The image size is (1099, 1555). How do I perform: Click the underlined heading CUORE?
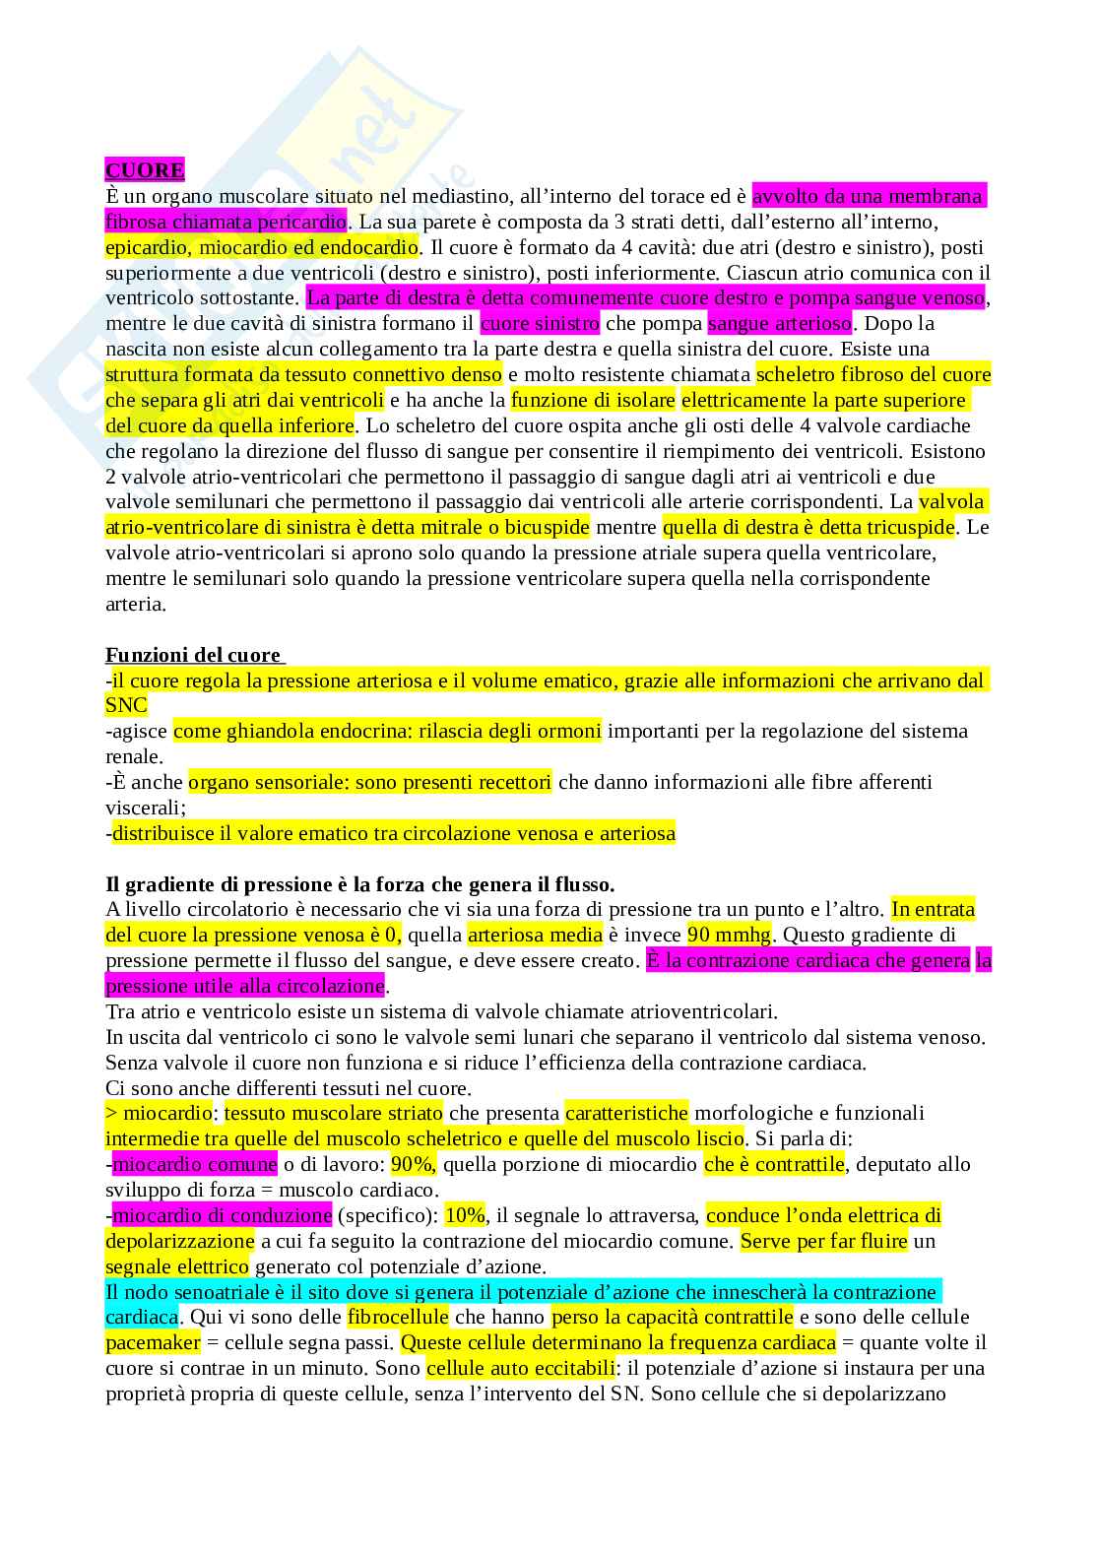point(145,170)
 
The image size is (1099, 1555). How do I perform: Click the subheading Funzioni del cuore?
point(193,655)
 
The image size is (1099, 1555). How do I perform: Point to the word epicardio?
point(148,247)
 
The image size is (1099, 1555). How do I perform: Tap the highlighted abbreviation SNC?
point(126,705)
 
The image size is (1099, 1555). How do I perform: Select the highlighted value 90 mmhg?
point(729,935)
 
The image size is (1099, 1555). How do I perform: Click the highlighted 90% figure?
point(412,1164)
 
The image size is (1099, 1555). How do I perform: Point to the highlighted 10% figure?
point(465,1215)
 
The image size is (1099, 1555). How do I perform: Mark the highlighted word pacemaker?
point(153,1342)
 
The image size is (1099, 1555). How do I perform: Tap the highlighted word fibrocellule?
point(398,1317)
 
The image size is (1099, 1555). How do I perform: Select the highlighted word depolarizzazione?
point(179,1241)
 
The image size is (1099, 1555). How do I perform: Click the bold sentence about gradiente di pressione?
point(359,884)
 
